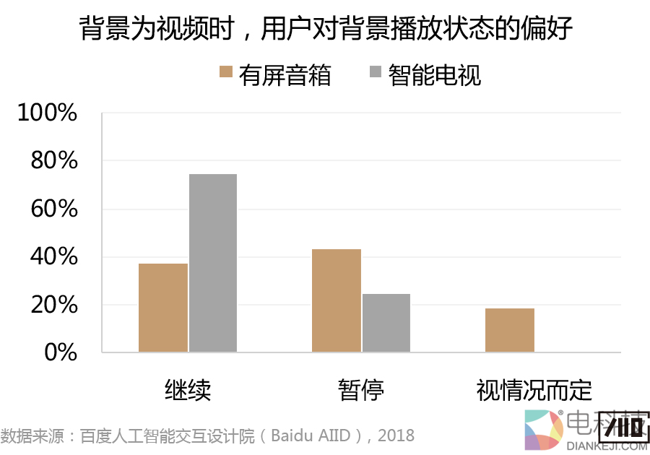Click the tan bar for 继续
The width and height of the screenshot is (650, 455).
(163, 308)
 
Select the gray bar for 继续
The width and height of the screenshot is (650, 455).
(213, 263)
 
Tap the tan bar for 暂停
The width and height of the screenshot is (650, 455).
(337, 300)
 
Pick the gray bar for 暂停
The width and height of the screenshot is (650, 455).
(386, 323)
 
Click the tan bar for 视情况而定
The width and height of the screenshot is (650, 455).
(510, 330)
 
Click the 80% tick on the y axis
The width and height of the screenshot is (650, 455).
(54, 160)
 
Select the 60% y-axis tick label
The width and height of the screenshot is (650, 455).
(54, 209)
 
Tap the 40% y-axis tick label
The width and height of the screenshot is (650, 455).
(54, 256)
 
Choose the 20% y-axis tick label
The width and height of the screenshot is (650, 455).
(54, 305)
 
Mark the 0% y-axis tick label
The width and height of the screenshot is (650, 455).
(61, 352)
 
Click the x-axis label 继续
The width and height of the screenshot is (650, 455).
(188, 390)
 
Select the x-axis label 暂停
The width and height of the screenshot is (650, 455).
(361, 390)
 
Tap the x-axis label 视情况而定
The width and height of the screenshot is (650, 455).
(534, 390)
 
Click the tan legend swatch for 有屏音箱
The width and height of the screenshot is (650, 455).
(225, 71)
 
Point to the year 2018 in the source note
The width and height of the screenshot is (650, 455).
(396, 435)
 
